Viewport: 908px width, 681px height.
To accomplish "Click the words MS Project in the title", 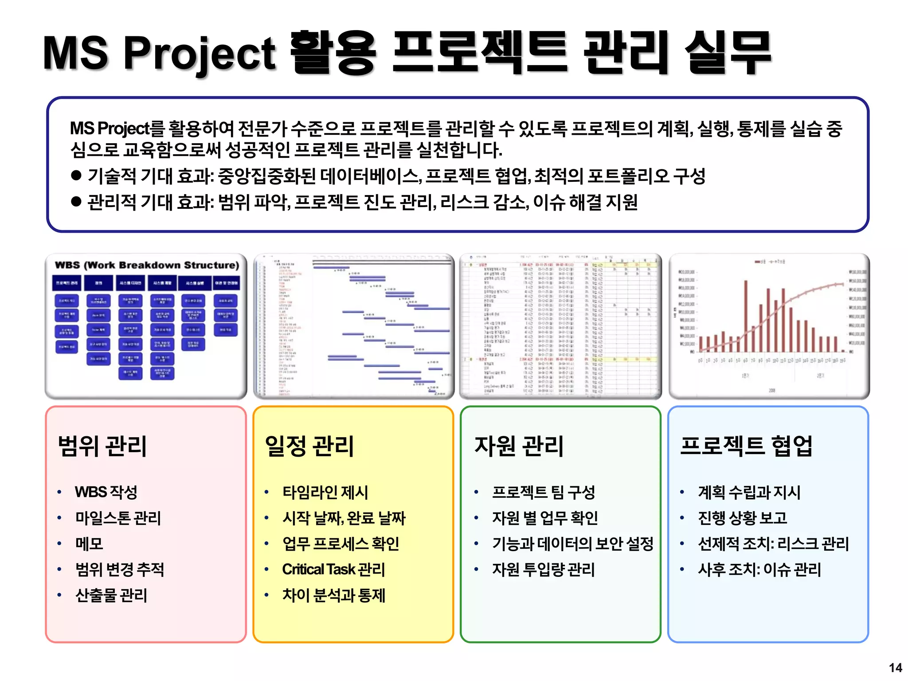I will point(160,53).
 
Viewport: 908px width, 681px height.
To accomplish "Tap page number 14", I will point(895,668).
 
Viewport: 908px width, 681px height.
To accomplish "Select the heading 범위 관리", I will point(102,446).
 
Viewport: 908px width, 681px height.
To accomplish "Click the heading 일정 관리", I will point(309,446).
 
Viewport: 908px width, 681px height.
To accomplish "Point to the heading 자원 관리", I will point(519,446).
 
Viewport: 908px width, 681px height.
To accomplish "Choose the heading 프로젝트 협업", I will point(746,446).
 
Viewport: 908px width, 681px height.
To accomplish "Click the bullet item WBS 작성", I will point(106,492).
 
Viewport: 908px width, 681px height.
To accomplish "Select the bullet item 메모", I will point(89,544).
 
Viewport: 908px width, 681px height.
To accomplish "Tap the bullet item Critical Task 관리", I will point(333,569).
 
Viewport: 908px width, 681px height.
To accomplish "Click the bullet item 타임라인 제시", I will point(325,492).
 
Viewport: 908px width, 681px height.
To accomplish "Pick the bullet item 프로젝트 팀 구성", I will point(543,492).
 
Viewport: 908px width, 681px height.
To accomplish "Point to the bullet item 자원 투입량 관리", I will point(543,569).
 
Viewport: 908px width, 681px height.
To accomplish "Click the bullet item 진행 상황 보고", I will point(742,518).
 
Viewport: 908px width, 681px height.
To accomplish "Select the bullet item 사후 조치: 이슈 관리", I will point(759,569).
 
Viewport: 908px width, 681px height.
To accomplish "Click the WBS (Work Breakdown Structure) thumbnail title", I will point(147,265).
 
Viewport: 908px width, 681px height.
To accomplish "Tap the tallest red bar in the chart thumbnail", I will point(746,316).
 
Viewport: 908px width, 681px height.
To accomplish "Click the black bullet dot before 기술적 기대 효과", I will point(76,175).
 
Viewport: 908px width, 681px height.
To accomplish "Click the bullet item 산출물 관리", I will point(111,595).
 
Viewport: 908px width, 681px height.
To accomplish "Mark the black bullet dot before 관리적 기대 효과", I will point(76,202).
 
